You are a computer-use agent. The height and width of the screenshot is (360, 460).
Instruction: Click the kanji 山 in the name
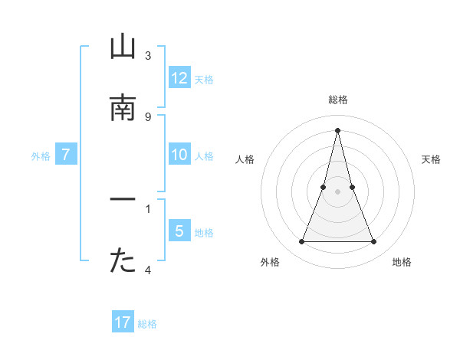(123, 48)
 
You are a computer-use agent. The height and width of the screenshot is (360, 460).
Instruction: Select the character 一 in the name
(123, 201)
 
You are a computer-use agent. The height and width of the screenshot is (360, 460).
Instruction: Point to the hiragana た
(123, 261)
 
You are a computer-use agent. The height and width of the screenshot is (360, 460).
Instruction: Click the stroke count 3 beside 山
(148, 56)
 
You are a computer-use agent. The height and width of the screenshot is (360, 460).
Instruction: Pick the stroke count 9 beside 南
(148, 116)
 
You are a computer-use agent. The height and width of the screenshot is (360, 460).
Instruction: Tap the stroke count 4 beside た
(148, 270)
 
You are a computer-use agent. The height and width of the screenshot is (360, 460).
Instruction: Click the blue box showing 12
(179, 78)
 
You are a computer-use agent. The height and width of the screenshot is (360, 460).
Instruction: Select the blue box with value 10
(179, 155)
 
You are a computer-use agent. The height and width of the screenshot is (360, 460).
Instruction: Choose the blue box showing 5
(179, 231)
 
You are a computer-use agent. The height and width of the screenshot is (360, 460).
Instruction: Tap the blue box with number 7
(66, 155)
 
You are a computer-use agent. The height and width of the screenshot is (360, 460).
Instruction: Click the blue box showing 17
(123, 322)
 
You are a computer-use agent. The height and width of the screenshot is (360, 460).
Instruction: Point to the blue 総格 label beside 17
(147, 324)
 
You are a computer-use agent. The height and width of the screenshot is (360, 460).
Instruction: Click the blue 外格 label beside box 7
(41, 156)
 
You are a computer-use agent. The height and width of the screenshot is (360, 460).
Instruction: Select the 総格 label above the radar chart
(337, 100)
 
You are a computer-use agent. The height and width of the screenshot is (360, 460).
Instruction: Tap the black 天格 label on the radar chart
(432, 159)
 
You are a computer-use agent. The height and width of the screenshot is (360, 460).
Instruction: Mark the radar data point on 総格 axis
(337, 129)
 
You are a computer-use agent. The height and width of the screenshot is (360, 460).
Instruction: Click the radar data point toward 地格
(373, 242)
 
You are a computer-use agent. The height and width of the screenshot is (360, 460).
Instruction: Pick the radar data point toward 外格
(301, 242)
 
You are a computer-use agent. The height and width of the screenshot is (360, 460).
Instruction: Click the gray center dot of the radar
(337, 191)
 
